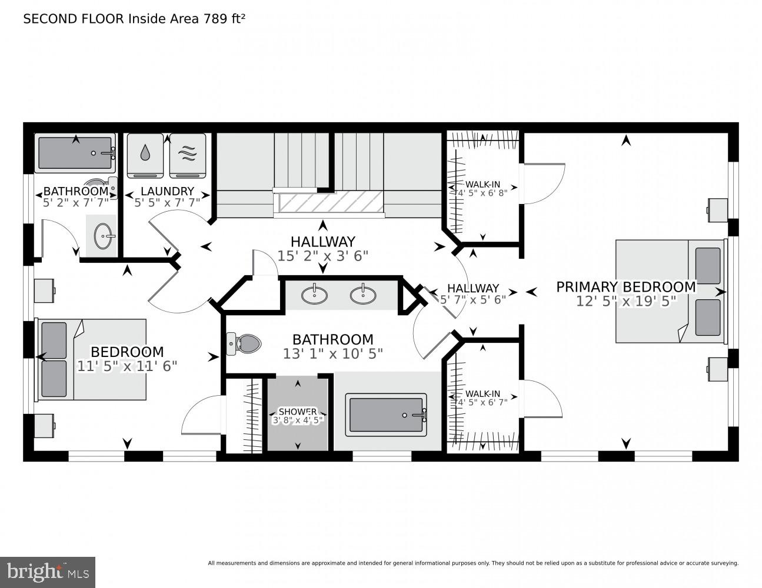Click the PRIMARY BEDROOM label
[625, 287]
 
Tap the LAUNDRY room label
[167, 191]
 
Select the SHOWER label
[297, 412]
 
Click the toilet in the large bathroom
[244, 343]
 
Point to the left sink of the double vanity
[315, 294]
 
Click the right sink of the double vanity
[363, 294]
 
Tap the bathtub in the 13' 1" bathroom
[387, 415]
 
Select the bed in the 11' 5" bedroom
[92, 359]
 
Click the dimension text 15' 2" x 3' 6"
[322, 256]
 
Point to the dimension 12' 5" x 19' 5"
[625, 300]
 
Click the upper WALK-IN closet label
[483, 184]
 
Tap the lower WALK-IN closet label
[483, 394]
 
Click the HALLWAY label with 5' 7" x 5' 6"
[472, 288]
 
